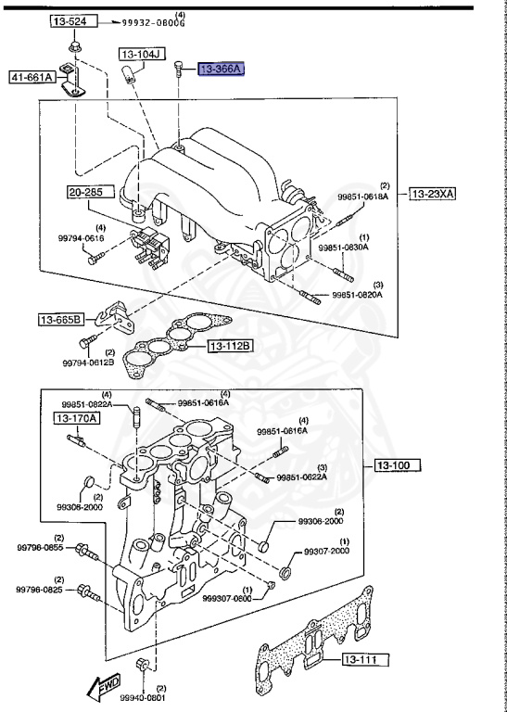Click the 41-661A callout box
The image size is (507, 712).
[30, 79]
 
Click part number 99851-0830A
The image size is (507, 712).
[344, 248]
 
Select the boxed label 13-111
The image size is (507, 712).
[362, 659]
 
